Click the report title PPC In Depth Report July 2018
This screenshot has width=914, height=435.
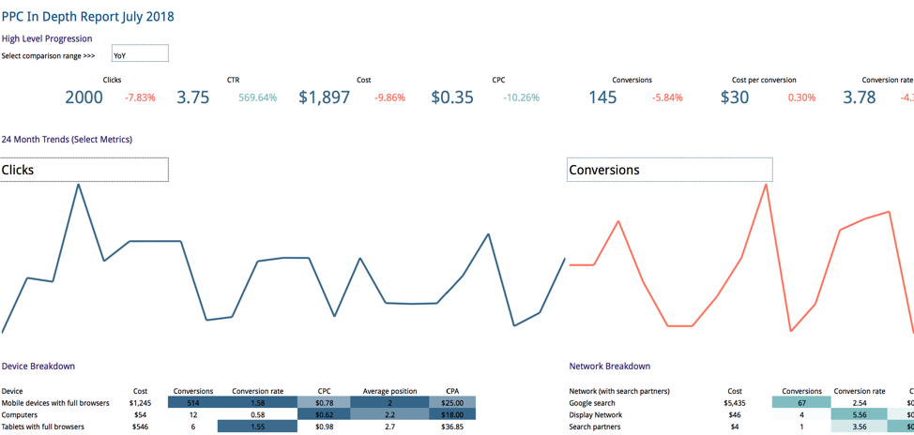click(87, 16)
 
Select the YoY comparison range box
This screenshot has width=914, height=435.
click(140, 54)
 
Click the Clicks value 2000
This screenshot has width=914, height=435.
click(84, 97)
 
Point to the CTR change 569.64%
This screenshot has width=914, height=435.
click(257, 97)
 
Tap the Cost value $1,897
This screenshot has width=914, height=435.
click(324, 97)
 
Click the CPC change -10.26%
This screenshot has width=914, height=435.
click(521, 97)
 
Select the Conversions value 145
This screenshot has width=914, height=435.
click(602, 97)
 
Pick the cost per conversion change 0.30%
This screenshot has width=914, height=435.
click(801, 97)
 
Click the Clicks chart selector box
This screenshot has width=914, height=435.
click(84, 170)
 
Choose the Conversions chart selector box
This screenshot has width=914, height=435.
click(669, 170)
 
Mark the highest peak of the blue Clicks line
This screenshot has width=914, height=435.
click(78, 184)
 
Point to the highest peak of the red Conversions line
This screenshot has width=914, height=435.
click(767, 185)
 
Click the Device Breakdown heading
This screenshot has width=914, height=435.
click(38, 366)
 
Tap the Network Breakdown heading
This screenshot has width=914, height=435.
click(609, 366)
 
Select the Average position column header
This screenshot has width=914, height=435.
click(389, 391)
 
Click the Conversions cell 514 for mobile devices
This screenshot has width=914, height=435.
click(192, 403)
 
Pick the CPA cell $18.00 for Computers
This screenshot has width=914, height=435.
click(452, 414)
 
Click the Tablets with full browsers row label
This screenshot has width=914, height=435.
click(43, 427)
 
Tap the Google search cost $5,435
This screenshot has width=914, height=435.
click(734, 403)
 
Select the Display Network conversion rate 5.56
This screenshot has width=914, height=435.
click(859, 414)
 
